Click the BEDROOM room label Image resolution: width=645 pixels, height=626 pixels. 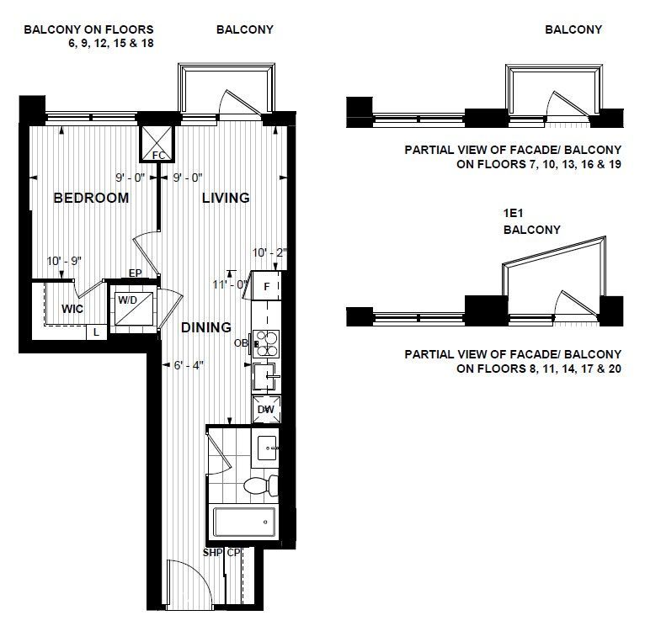(91, 198)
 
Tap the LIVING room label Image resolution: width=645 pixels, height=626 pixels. (226, 198)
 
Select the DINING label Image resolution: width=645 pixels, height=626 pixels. (206, 327)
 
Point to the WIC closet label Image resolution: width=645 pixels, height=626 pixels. (72, 309)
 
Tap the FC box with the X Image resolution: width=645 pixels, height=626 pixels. (157, 143)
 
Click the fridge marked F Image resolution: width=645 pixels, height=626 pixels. (266, 286)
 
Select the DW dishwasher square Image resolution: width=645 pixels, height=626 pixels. (267, 410)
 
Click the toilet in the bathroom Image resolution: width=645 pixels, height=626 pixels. (260, 485)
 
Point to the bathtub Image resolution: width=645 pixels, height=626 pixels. (244, 522)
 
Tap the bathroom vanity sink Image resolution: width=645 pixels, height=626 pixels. (266, 447)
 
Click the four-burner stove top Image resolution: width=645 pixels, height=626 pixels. (266, 343)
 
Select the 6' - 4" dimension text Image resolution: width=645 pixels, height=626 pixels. (189, 365)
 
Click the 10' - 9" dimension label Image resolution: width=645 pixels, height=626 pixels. (64, 261)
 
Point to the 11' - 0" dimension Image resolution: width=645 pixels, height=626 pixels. (231, 284)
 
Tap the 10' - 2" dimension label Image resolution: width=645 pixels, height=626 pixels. (269, 252)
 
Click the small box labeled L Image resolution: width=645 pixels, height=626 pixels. (96, 332)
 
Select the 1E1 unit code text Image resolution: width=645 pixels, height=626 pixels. (513, 213)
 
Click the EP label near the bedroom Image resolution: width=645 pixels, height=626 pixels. (135, 273)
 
